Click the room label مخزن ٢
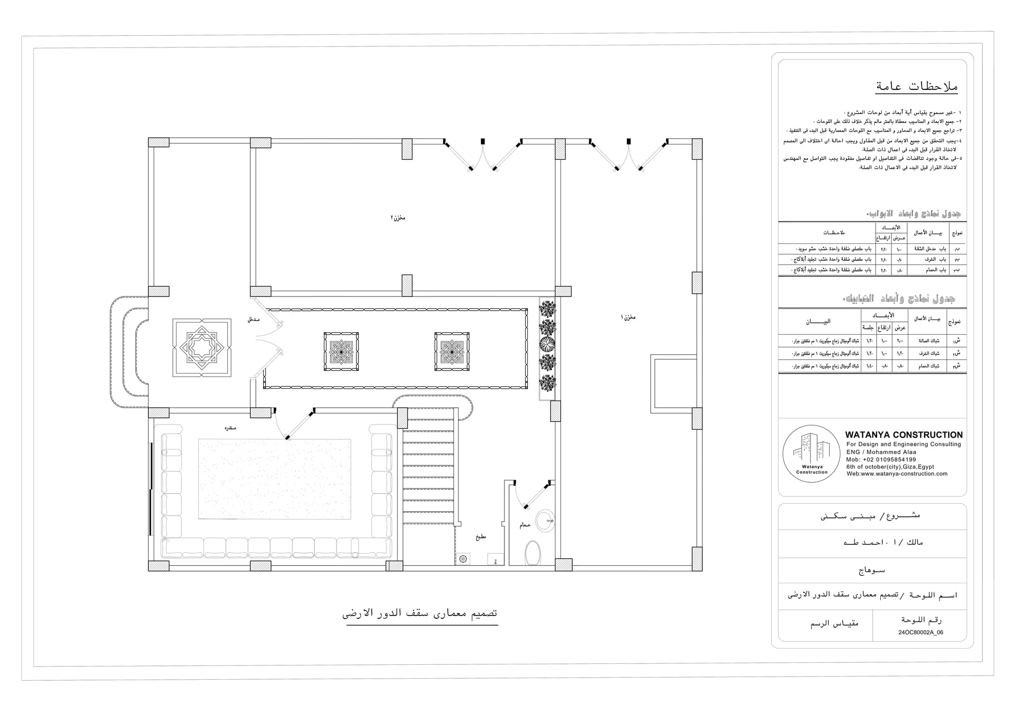click(398, 218)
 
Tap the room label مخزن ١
click(628, 317)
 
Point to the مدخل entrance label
click(253, 319)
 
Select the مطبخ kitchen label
click(480, 537)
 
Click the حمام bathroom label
click(525, 525)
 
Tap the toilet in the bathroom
click(532, 553)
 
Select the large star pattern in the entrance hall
click(202, 348)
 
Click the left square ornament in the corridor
click(341, 352)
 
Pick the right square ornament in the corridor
click(452, 352)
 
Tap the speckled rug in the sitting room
click(274, 479)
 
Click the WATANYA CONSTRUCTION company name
click(904, 435)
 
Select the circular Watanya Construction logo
click(811, 454)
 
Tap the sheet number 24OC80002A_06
click(921, 632)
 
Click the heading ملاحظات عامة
click(916, 86)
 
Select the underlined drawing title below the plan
click(420, 613)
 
